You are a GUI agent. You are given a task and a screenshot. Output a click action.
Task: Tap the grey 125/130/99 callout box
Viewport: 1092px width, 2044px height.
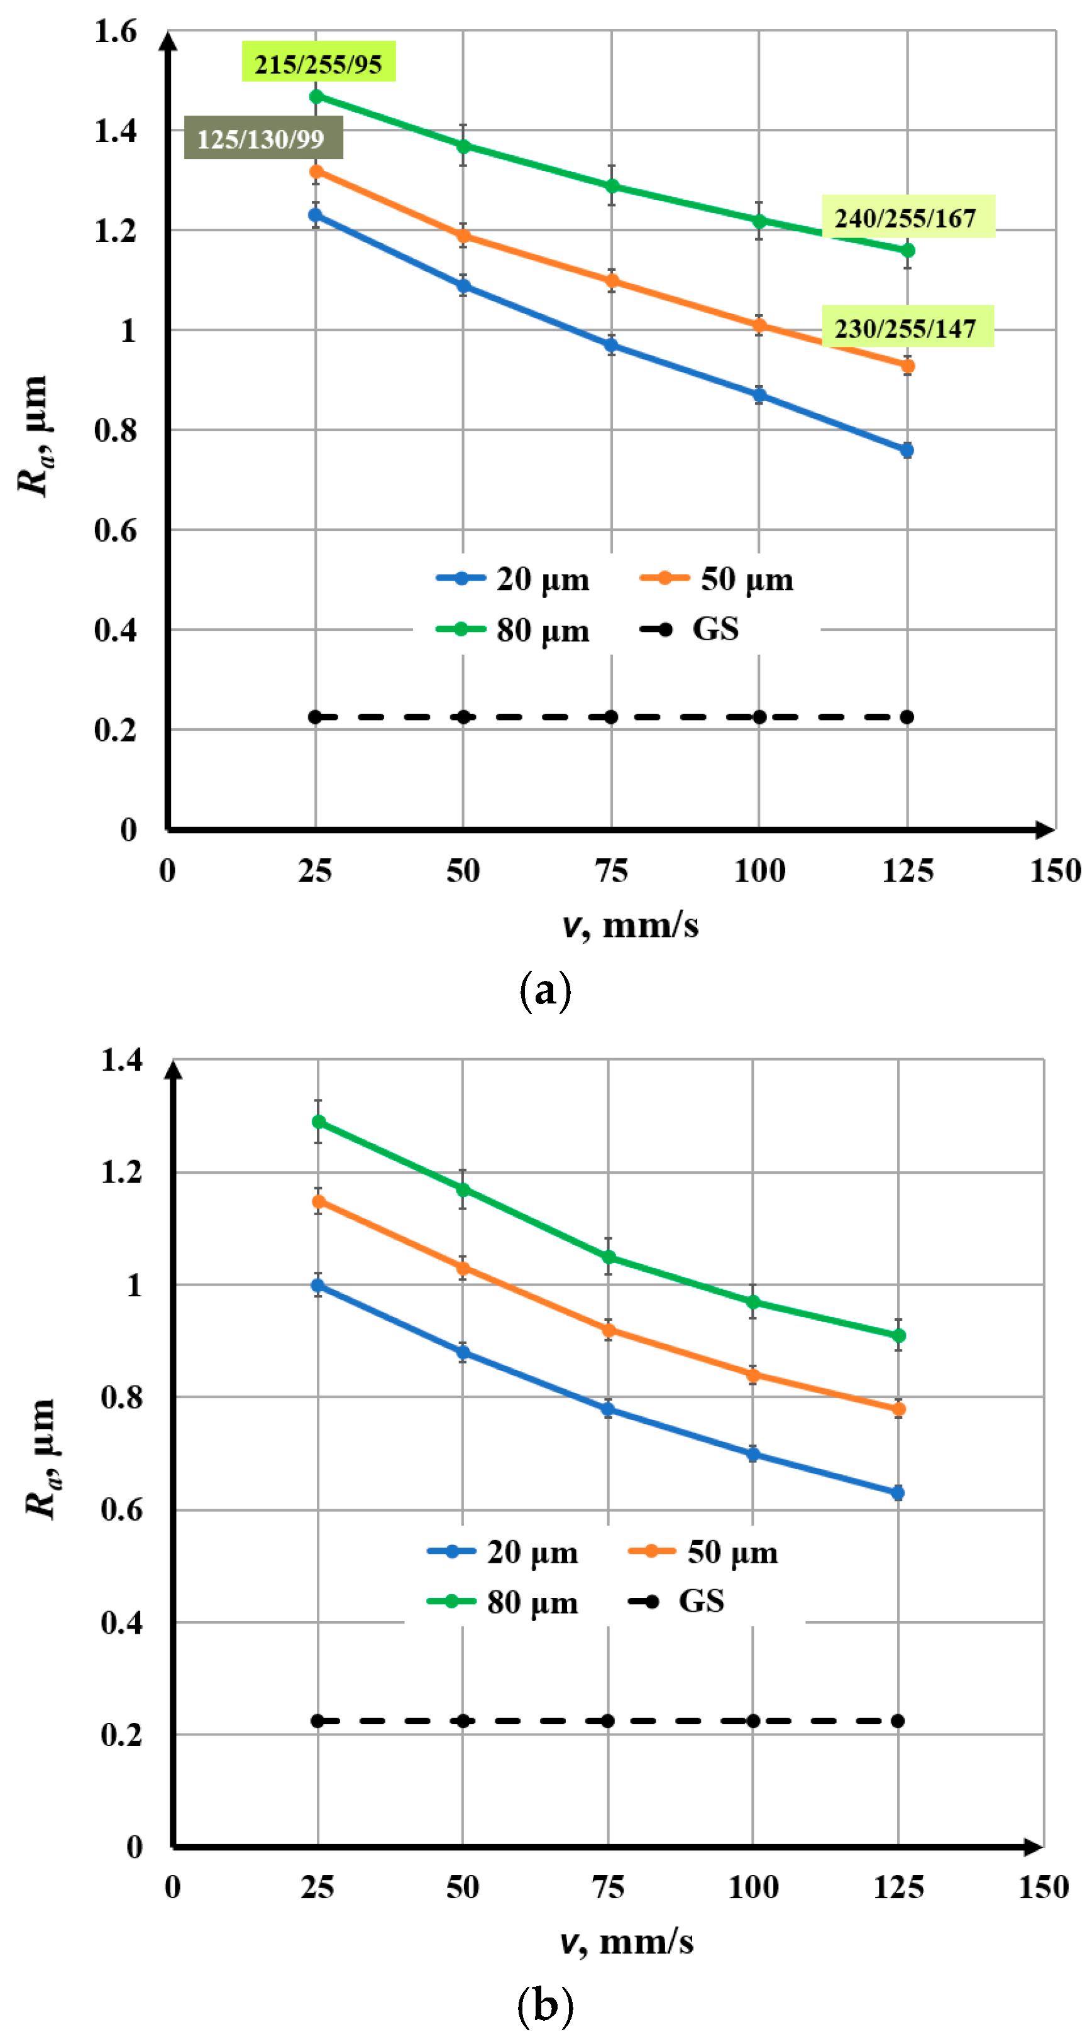pyautogui.click(x=262, y=139)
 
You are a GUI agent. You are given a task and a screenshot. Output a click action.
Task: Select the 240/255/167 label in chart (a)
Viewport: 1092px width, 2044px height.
pyautogui.click(x=907, y=217)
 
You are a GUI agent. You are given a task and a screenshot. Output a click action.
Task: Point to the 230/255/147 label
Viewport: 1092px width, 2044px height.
pyautogui.click(x=907, y=327)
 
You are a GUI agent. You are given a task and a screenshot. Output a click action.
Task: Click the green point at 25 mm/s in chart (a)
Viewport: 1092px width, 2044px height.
pyautogui.click(x=316, y=97)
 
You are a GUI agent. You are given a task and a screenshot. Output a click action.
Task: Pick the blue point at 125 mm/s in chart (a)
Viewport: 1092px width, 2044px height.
pyautogui.click(x=907, y=450)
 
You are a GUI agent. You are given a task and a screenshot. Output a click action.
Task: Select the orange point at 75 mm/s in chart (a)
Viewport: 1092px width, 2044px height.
pyautogui.click(x=611, y=281)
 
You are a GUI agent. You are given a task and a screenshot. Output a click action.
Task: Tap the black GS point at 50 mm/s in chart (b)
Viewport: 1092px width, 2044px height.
pyautogui.click(x=463, y=1720)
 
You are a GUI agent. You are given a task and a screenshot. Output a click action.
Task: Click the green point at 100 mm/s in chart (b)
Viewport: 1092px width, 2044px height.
pyautogui.click(x=753, y=1302)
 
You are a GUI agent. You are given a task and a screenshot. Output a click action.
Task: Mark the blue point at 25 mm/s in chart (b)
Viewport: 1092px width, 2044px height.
pyautogui.click(x=317, y=1284)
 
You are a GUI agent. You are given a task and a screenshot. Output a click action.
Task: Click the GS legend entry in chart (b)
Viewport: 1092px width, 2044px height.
pyautogui.click(x=677, y=1601)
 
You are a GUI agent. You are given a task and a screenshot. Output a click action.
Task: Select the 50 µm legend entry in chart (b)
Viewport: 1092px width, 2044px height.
pyautogui.click(x=703, y=1551)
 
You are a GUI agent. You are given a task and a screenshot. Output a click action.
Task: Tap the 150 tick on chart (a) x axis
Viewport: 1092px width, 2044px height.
pyautogui.click(x=1055, y=870)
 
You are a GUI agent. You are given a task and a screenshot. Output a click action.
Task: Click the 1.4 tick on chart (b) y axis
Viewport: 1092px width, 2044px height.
pyautogui.click(x=121, y=1059)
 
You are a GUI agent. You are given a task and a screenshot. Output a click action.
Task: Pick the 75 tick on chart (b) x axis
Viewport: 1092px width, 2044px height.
pyautogui.click(x=608, y=1887)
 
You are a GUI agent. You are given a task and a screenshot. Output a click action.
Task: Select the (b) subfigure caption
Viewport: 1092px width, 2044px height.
pyautogui.click(x=544, y=2005)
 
